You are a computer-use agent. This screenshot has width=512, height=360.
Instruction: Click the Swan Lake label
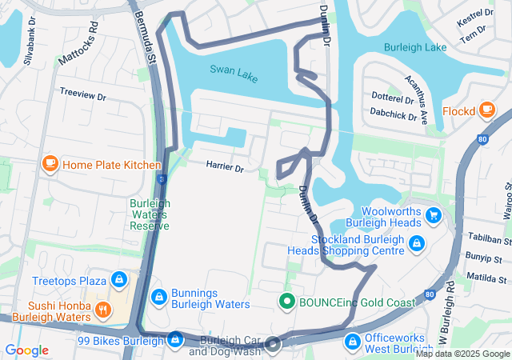pyautogui.click(x=234, y=70)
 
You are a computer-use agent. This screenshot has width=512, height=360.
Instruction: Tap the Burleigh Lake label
pyautogui.click(x=414, y=48)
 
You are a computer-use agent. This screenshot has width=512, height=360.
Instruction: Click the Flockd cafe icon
pyautogui.click(x=486, y=110)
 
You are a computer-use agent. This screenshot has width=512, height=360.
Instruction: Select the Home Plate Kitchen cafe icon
pyautogui.click(x=50, y=165)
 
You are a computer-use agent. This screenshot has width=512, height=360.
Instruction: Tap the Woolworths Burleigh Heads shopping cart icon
pyautogui.click(x=434, y=215)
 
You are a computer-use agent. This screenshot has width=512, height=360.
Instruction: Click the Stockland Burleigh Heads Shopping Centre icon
pyautogui.click(x=416, y=243)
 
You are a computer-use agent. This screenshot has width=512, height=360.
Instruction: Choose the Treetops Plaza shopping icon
pyautogui.click(x=118, y=280)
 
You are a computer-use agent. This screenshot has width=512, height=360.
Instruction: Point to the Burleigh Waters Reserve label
pyautogui.click(x=150, y=214)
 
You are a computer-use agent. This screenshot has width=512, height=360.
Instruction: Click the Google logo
pyautogui.click(x=26, y=350)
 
